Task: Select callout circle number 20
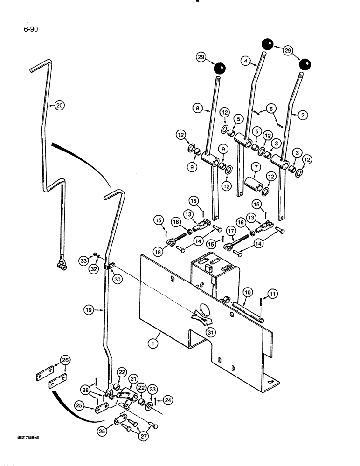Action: (59, 105)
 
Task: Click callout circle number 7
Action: (255, 166)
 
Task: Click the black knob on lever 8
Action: (219, 69)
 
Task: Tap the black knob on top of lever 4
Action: (267, 44)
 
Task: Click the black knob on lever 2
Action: (305, 64)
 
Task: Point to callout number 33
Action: (83, 262)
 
